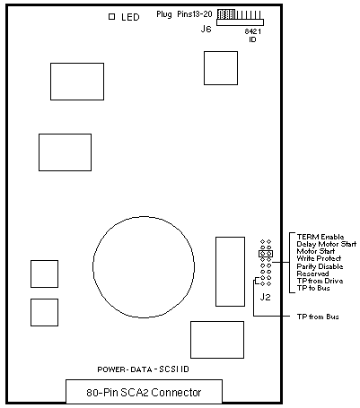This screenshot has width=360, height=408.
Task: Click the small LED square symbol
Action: (112, 17)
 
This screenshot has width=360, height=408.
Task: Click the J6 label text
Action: (206, 29)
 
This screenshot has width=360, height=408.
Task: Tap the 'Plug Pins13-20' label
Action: (184, 14)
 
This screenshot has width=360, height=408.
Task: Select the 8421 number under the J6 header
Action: (253, 31)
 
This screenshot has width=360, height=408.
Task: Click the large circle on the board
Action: (144, 217)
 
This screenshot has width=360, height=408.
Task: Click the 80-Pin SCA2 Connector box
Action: (144, 392)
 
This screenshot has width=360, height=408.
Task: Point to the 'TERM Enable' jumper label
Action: (320, 237)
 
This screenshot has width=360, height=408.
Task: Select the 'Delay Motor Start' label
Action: (327, 244)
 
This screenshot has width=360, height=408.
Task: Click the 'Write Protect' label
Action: (319, 258)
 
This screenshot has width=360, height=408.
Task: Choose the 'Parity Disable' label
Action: (320, 266)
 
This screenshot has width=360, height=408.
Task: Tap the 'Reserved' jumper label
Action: (312, 273)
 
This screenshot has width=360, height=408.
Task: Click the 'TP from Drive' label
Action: (320, 281)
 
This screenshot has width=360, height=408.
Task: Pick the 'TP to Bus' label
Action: (313, 288)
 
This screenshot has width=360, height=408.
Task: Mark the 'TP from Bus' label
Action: (318, 317)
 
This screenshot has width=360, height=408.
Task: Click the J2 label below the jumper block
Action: (266, 297)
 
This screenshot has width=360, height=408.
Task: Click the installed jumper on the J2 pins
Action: (266, 254)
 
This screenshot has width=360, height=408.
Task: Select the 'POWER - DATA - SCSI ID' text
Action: (144, 369)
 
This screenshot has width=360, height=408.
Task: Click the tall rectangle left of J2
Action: (230, 272)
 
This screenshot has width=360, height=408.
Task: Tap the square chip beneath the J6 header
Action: (221, 68)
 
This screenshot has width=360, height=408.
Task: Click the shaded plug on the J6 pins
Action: (226, 14)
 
